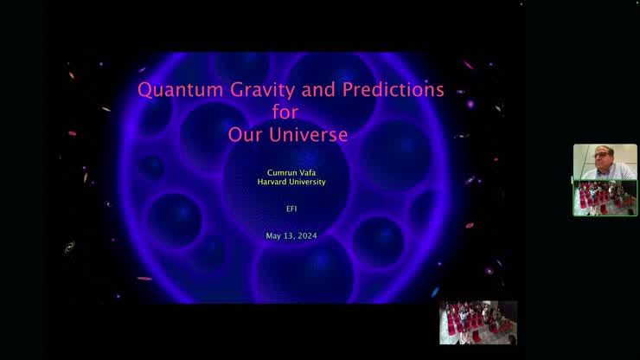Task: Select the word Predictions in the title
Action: (x=394, y=90)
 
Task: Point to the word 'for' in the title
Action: (x=291, y=112)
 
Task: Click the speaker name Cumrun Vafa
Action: (x=291, y=172)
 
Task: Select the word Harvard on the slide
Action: (x=275, y=182)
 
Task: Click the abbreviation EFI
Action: (x=291, y=209)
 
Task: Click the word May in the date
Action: (x=273, y=236)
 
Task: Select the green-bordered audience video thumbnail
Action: (x=605, y=198)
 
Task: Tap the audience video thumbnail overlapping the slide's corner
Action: (x=477, y=323)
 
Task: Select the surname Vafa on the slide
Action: (x=309, y=172)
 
